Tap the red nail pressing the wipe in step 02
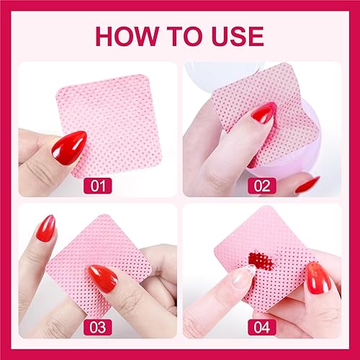pos(264,112)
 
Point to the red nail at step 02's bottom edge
pos(308,184)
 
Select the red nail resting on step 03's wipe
pos(102,278)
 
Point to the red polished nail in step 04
pos(317,276)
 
